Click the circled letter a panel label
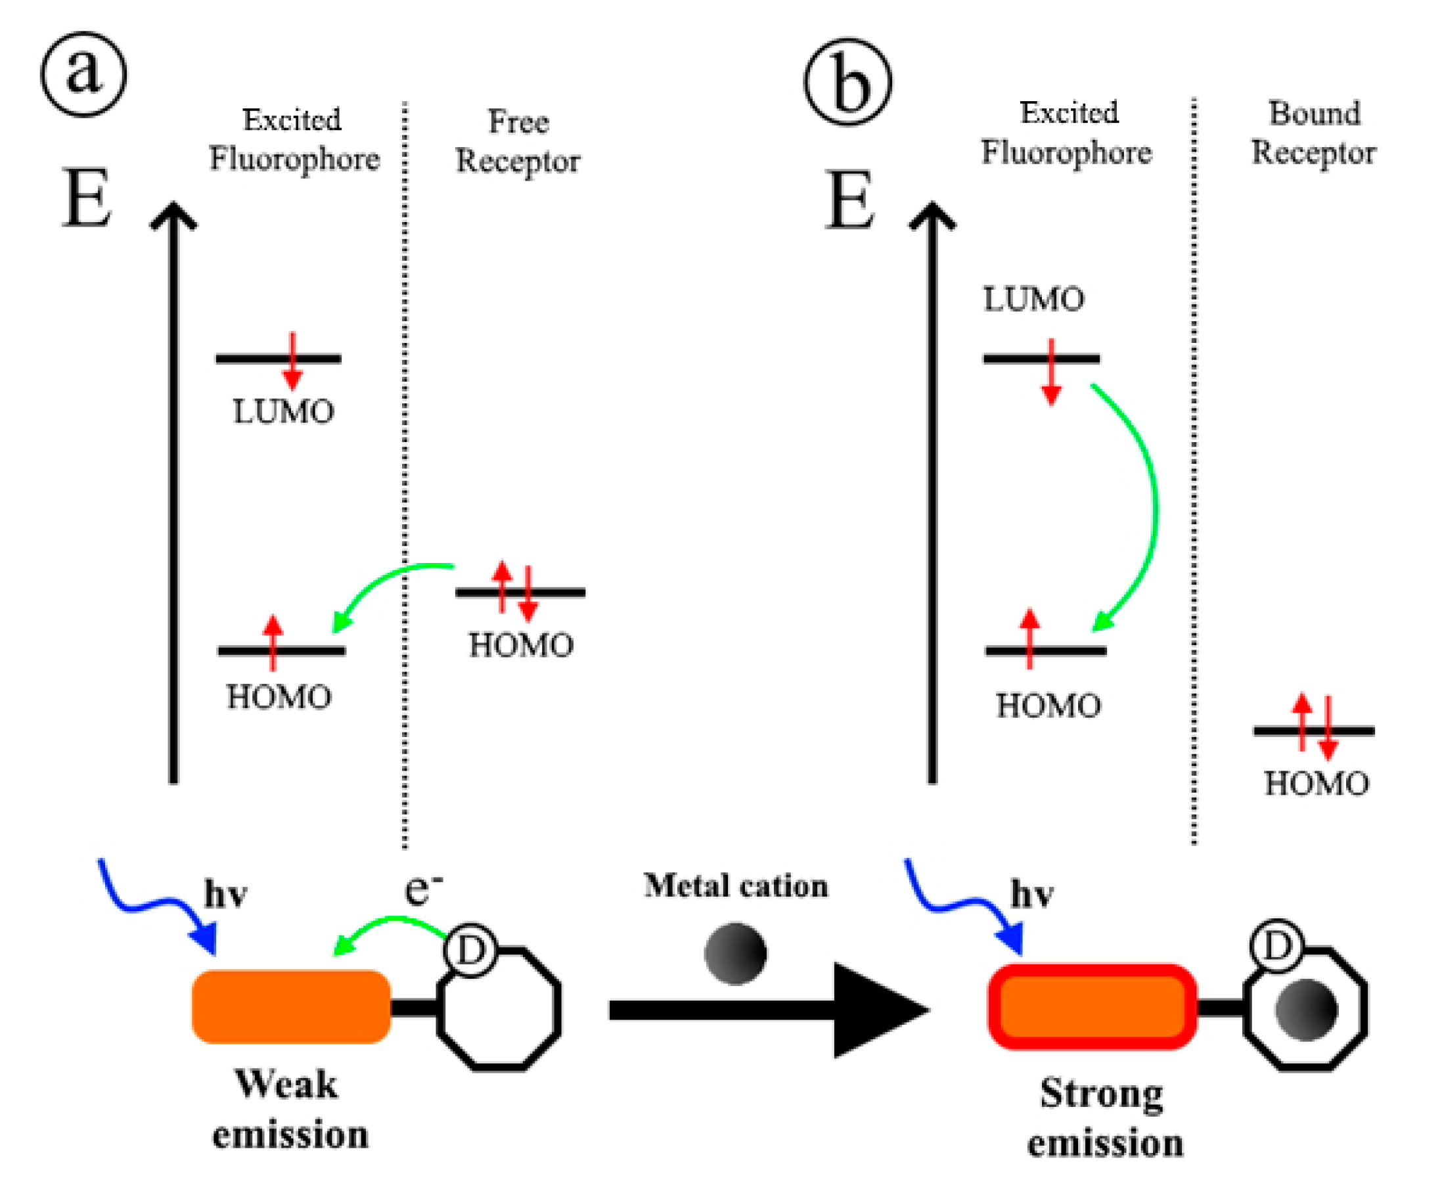click(x=83, y=74)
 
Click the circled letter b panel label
click(x=847, y=81)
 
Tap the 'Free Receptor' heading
click(x=518, y=141)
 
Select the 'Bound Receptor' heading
click(x=1313, y=133)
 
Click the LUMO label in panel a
click(x=283, y=412)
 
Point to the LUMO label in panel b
click(x=1033, y=300)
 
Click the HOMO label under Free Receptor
click(x=520, y=645)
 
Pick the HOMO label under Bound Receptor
click(x=1316, y=784)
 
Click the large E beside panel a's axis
click(x=86, y=198)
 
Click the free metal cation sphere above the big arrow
click(x=735, y=953)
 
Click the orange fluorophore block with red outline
click(x=1092, y=1007)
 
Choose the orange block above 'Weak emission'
click(x=291, y=1006)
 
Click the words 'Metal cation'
click(x=736, y=886)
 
